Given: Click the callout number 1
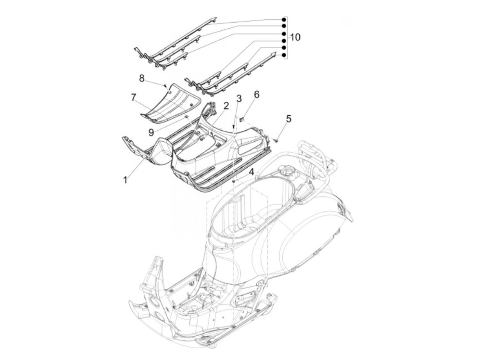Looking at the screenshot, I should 126,179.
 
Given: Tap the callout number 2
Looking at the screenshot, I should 226,106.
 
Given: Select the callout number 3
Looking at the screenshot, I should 239,99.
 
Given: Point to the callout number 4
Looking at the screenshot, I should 251,172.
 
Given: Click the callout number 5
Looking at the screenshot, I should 289,119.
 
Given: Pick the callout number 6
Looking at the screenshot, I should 257,94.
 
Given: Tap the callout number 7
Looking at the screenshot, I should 133,97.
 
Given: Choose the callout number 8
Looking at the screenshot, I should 142,78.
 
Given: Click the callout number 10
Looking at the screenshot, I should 295,37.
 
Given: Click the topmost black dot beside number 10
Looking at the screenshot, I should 284,20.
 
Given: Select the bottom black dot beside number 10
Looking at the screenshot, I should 284,55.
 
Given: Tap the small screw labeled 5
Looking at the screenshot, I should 276,139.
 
